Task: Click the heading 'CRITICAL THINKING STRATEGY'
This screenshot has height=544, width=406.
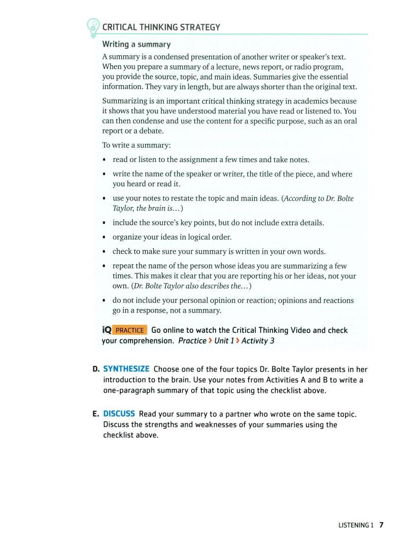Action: (161, 27)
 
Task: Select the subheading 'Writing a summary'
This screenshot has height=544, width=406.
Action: (137, 45)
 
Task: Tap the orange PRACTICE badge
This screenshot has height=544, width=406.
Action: (129, 330)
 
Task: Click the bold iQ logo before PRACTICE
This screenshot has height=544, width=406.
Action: (107, 330)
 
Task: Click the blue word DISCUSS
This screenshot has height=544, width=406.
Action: (119, 414)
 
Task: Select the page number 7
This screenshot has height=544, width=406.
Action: (381, 525)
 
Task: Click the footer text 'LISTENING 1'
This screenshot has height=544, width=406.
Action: (355, 525)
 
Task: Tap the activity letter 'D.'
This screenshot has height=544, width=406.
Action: (96, 369)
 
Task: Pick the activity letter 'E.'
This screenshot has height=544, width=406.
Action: (96, 414)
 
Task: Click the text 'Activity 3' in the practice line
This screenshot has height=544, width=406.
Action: (258, 341)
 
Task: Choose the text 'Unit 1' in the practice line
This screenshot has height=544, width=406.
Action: (224, 341)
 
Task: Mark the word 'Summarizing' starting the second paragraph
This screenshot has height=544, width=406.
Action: (124, 101)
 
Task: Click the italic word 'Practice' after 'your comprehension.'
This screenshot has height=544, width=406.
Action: (192, 341)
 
